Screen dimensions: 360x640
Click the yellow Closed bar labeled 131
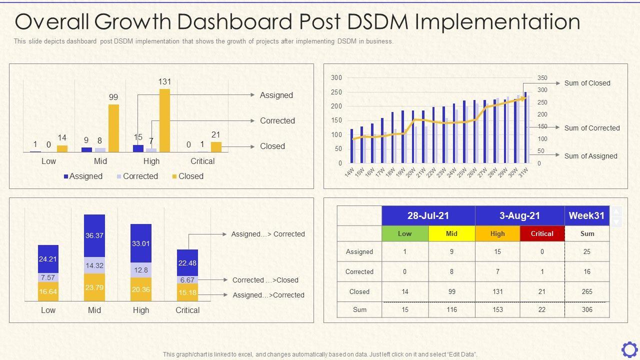(x=164, y=120)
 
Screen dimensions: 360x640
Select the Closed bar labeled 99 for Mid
(x=113, y=128)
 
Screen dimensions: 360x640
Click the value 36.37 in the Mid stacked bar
(x=94, y=235)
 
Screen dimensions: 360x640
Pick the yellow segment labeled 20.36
(x=141, y=289)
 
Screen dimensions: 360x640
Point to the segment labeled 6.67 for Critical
(x=187, y=280)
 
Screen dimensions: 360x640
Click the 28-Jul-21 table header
(x=428, y=215)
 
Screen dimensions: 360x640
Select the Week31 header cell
(x=587, y=215)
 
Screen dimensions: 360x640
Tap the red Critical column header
(x=542, y=233)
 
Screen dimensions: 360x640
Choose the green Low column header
(x=405, y=233)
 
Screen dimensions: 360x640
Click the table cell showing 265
(x=587, y=291)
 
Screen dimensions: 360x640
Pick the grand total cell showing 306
(x=587, y=309)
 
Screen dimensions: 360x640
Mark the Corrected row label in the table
(x=359, y=271)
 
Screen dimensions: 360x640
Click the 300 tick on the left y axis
(x=336, y=77)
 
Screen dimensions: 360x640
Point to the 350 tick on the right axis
(x=542, y=78)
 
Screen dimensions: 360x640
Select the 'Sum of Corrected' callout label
(x=592, y=128)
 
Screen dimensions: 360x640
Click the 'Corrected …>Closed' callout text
(x=265, y=280)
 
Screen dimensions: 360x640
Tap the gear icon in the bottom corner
(x=629, y=349)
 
